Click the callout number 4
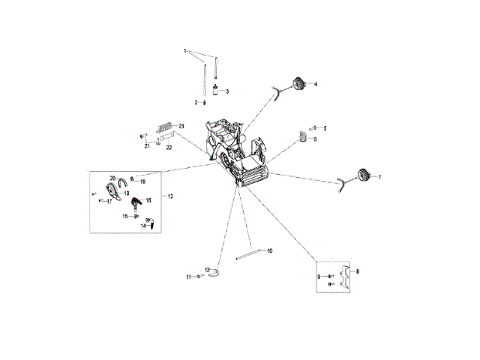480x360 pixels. tap(315, 84)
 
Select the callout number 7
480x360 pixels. tap(379, 178)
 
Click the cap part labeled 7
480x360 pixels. tap(363, 177)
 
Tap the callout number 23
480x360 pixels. tap(181, 125)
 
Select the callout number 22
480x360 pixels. tap(169, 148)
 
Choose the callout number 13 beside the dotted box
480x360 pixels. tap(171, 196)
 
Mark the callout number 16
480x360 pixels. tap(148, 200)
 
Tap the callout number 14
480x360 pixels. tap(143, 224)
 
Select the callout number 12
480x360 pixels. tap(208, 268)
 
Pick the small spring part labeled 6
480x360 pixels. tap(304, 137)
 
